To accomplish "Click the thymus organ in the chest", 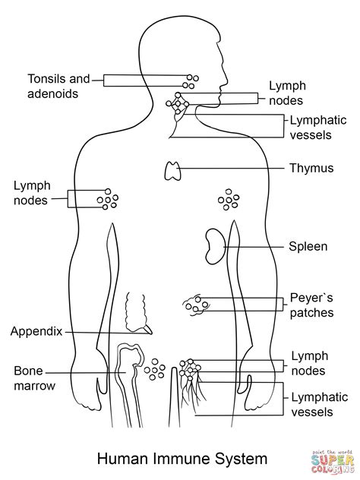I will point(172,171).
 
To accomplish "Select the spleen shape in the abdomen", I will point(213,245).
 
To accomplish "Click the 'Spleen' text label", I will point(307,246).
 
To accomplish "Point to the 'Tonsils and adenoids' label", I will point(58,84).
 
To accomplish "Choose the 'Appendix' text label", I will point(36,331).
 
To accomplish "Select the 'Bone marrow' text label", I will point(33,378).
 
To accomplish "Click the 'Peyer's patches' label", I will point(311,305).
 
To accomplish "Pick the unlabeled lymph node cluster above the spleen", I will point(227,199).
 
